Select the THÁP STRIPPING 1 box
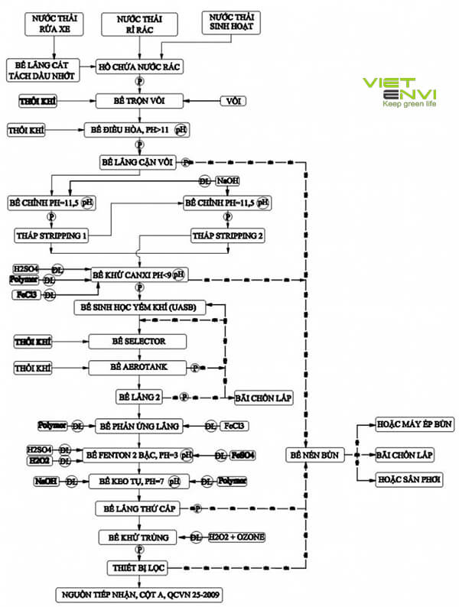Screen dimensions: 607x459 50,235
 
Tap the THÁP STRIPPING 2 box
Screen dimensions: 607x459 226,235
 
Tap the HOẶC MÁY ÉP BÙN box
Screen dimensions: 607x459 405,423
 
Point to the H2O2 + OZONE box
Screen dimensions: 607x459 238,537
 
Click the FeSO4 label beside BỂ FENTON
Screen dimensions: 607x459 243,455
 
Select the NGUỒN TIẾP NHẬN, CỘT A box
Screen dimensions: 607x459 135,593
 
